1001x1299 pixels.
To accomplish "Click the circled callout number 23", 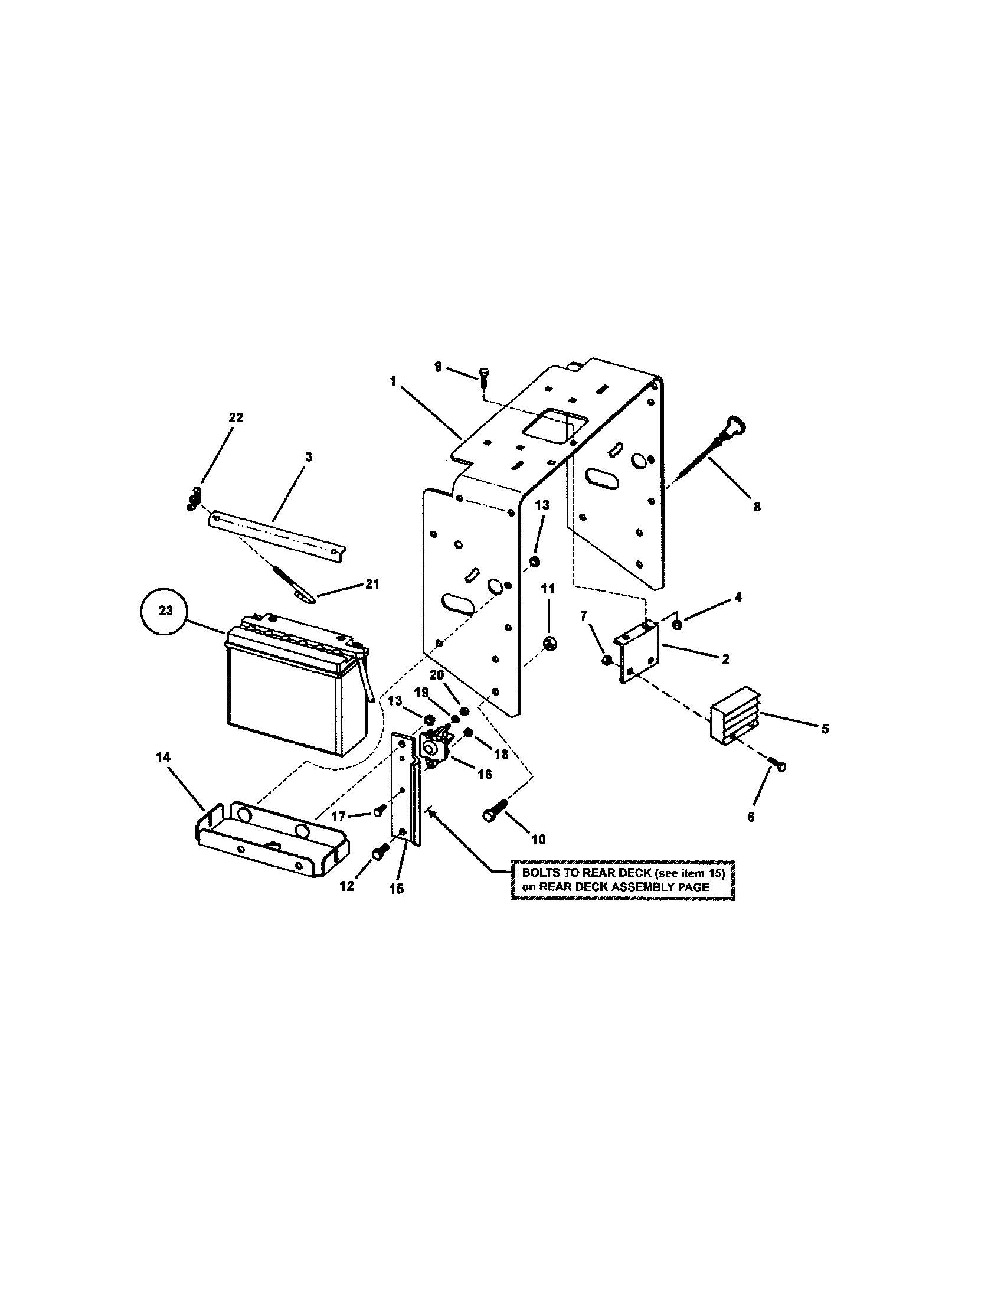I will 166,611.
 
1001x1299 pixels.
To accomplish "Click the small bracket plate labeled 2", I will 640,649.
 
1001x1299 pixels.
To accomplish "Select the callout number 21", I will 371,584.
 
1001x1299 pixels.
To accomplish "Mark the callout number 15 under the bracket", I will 396,889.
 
